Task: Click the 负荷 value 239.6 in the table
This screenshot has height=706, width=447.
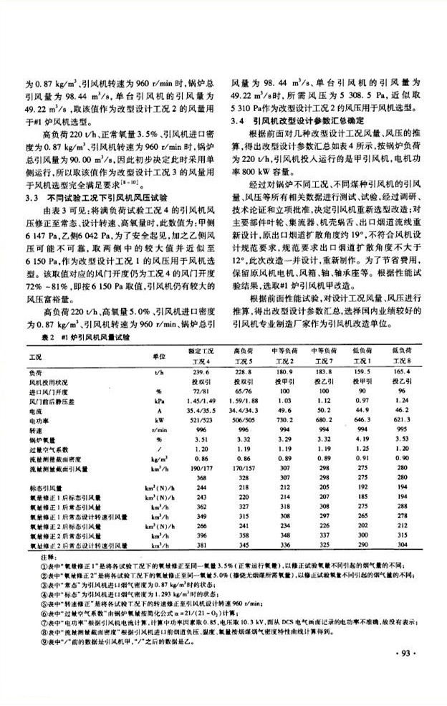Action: pyautogui.click(x=201, y=373)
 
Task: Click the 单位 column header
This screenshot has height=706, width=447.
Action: pyautogui.click(x=159, y=356)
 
